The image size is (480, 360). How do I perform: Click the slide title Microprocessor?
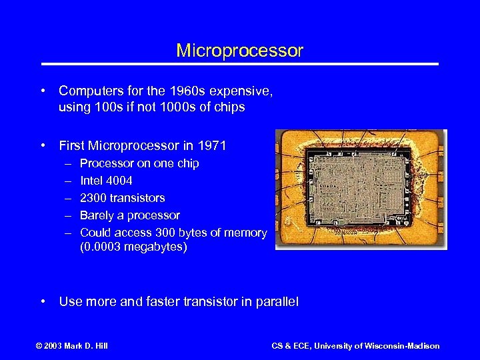pyautogui.click(x=239, y=51)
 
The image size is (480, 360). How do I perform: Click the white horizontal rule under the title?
pyautogui.click(x=240, y=64)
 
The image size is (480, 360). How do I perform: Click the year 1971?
pyautogui.click(x=212, y=145)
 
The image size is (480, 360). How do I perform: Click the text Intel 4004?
pyautogui.click(x=106, y=181)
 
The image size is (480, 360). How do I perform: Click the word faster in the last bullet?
pyautogui.click(x=151, y=302)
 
